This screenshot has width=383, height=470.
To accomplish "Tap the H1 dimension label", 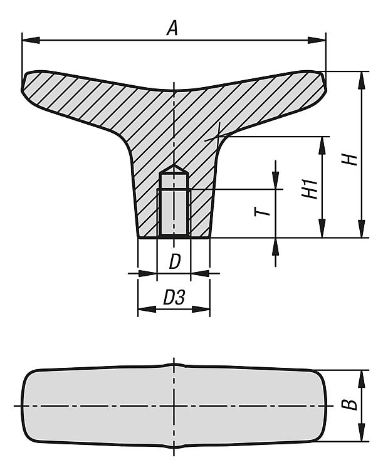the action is pyautogui.click(x=310, y=189).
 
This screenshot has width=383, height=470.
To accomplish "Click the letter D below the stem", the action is pyautogui.click(x=175, y=261).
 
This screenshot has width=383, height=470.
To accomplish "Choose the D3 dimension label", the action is pyautogui.click(x=174, y=297).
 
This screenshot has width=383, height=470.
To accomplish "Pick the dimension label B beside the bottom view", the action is pyautogui.click(x=349, y=405).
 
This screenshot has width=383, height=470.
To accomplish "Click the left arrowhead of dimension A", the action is pyautogui.click(x=31, y=40).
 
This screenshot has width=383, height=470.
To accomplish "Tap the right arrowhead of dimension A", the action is pyautogui.click(x=317, y=40).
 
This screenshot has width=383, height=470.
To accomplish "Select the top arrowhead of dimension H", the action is pyautogui.click(x=362, y=80).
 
